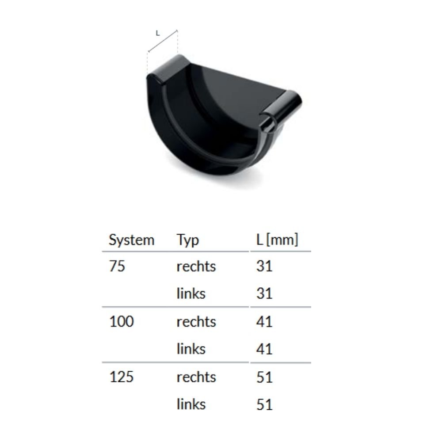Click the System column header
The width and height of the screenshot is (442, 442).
(131, 240)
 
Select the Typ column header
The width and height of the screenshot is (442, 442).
(188, 240)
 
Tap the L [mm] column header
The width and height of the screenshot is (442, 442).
(277, 240)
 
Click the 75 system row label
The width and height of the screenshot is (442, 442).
(117, 267)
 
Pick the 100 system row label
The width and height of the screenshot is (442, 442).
(121, 322)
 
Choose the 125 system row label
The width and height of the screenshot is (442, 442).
(121, 377)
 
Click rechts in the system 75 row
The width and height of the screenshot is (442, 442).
(196, 267)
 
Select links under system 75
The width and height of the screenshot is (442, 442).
(191, 293)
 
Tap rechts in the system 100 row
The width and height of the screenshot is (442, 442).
(196, 322)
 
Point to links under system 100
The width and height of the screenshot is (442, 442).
(191, 349)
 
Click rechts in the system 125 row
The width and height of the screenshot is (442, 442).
(196, 377)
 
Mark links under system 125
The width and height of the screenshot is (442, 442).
(191, 404)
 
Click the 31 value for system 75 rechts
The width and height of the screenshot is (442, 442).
(264, 267)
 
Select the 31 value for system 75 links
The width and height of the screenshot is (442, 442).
(264, 293)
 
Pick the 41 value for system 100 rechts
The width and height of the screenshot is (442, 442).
(264, 322)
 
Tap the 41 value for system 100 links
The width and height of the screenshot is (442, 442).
(264, 349)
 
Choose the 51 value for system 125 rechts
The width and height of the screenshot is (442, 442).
(264, 377)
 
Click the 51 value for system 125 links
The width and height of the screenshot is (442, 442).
(264, 404)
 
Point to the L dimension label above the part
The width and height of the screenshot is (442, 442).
(158, 33)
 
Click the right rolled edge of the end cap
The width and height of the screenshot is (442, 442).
(283, 110)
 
